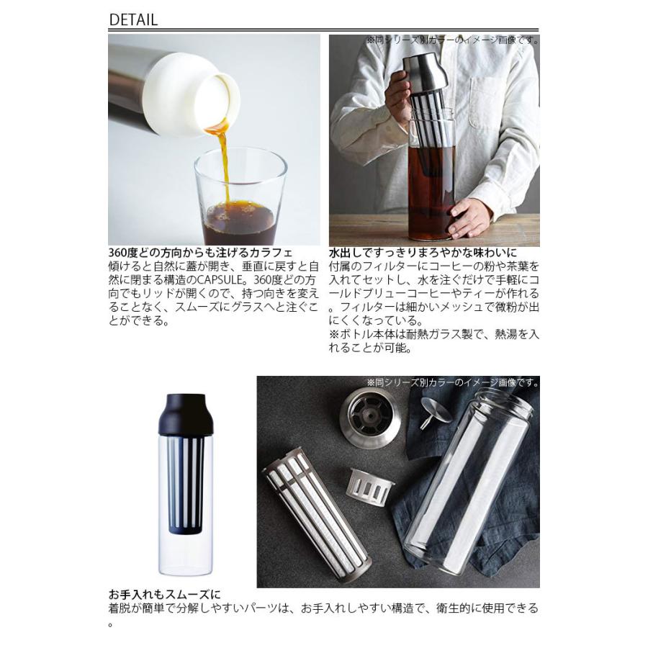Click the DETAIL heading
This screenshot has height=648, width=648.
point(133,19)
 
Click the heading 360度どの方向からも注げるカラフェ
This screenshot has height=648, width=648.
point(200,253)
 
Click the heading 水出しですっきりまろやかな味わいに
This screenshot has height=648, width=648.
point(423,253)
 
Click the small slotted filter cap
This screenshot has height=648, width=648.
point(371,487)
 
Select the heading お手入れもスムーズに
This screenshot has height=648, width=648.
point(164,595)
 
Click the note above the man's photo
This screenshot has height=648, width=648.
point(452,40)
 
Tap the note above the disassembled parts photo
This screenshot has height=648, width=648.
point(452,383)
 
